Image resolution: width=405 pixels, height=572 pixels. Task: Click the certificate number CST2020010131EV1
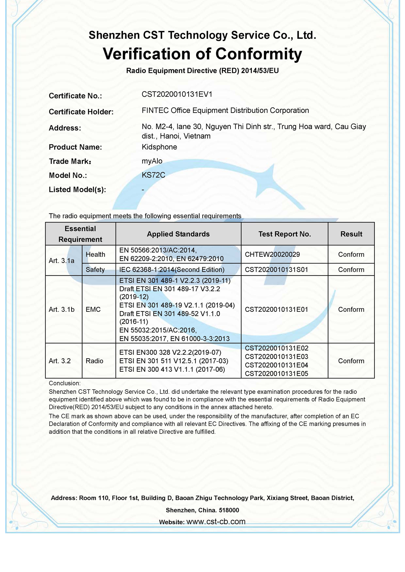(x=177, y=94)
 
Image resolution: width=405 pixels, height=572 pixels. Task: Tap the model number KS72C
(x=153, y=175)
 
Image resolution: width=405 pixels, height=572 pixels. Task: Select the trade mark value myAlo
(x=152, y=161)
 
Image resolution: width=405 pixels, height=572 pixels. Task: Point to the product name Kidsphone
(x=159, y=147)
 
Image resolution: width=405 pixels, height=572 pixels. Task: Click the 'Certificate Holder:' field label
(x=81, y=112)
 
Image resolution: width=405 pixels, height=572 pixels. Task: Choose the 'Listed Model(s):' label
(x=77, y=189)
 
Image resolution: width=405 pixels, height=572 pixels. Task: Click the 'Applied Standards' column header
(x=178, y=234)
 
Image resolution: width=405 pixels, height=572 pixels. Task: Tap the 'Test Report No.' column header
(x=285, y=234)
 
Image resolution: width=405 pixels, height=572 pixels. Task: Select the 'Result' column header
(x=351, y=234)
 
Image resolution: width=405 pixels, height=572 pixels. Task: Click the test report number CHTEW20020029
(x=272, y=254)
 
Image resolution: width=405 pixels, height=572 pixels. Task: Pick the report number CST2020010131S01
(x=276, y=270)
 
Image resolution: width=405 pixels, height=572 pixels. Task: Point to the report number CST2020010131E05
(x=276, y=374)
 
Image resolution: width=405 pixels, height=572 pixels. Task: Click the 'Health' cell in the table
(x=95, y=254)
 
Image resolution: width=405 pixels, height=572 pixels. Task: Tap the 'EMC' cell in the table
(x=93, y=309)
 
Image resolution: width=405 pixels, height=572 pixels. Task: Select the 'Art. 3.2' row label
(x=60, y=361)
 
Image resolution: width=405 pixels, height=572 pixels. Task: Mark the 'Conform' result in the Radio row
(x=351, y=361)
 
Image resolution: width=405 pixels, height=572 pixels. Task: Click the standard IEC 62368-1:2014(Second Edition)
(x=172, y=270)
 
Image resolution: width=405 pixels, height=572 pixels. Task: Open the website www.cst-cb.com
(x=216, y=521)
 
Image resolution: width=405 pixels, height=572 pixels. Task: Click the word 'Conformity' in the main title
(x=258, y=54)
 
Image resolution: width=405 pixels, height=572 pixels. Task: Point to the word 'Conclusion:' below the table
(x=65, y=383)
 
